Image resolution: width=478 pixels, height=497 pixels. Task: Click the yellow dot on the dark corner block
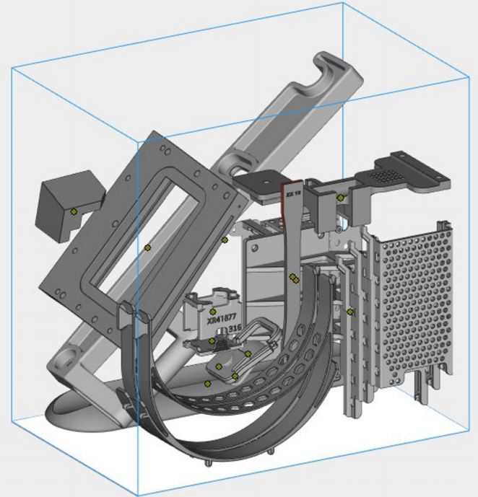click(x=74, y=211)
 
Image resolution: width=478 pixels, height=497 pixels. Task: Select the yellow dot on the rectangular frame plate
click(x=147, y=247)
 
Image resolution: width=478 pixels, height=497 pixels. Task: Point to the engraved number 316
click(x=234, y=328)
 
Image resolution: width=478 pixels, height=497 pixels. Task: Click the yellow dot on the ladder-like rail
click(x=350, y=312)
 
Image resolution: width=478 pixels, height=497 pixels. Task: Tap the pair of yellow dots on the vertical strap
click(x=294, y=277)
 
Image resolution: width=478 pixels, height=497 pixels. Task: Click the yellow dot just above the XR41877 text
click(x=212, y=312)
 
